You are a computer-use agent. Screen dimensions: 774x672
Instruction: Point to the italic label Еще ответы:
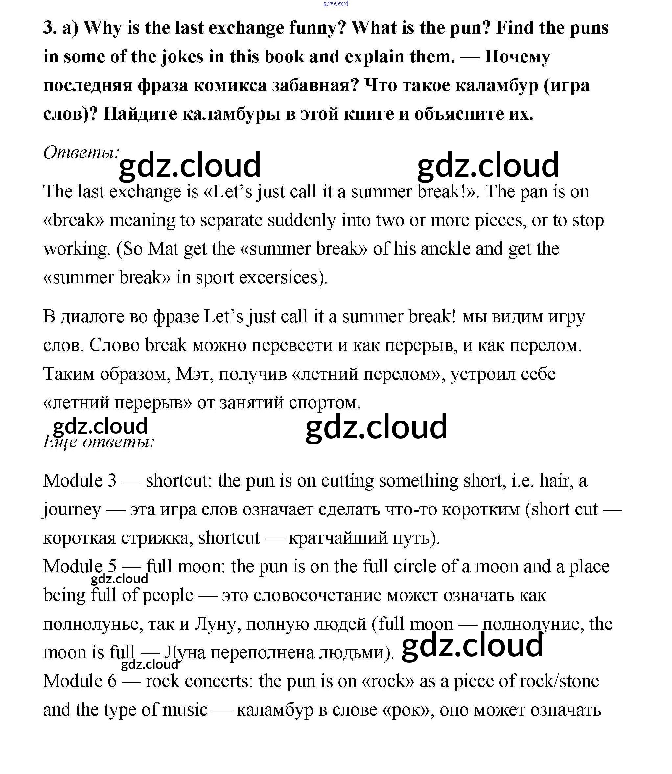point(99,442)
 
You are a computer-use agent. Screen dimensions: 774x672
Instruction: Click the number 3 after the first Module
point(112,481)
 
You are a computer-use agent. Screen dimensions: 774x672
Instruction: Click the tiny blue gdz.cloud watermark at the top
point(335,4)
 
